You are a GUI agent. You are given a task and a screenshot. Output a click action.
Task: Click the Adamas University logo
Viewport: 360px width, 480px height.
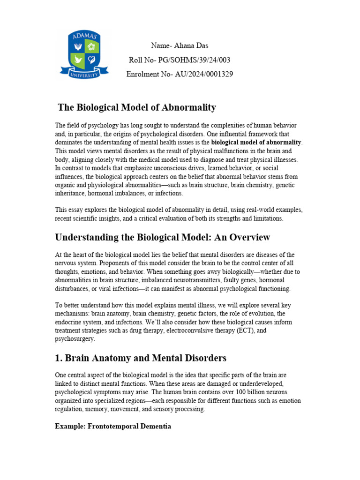(84, 54)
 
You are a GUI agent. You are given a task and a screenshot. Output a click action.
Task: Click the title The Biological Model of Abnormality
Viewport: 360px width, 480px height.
(136, 107)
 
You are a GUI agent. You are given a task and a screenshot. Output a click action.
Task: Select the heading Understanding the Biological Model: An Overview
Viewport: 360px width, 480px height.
(163, 237)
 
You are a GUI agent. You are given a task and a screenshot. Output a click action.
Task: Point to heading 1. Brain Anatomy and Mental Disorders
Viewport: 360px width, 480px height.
(141, 358)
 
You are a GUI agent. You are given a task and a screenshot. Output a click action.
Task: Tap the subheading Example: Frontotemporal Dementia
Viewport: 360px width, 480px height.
(113, 426)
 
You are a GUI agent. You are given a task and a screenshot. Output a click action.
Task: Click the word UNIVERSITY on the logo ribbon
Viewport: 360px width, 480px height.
(84, 75)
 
